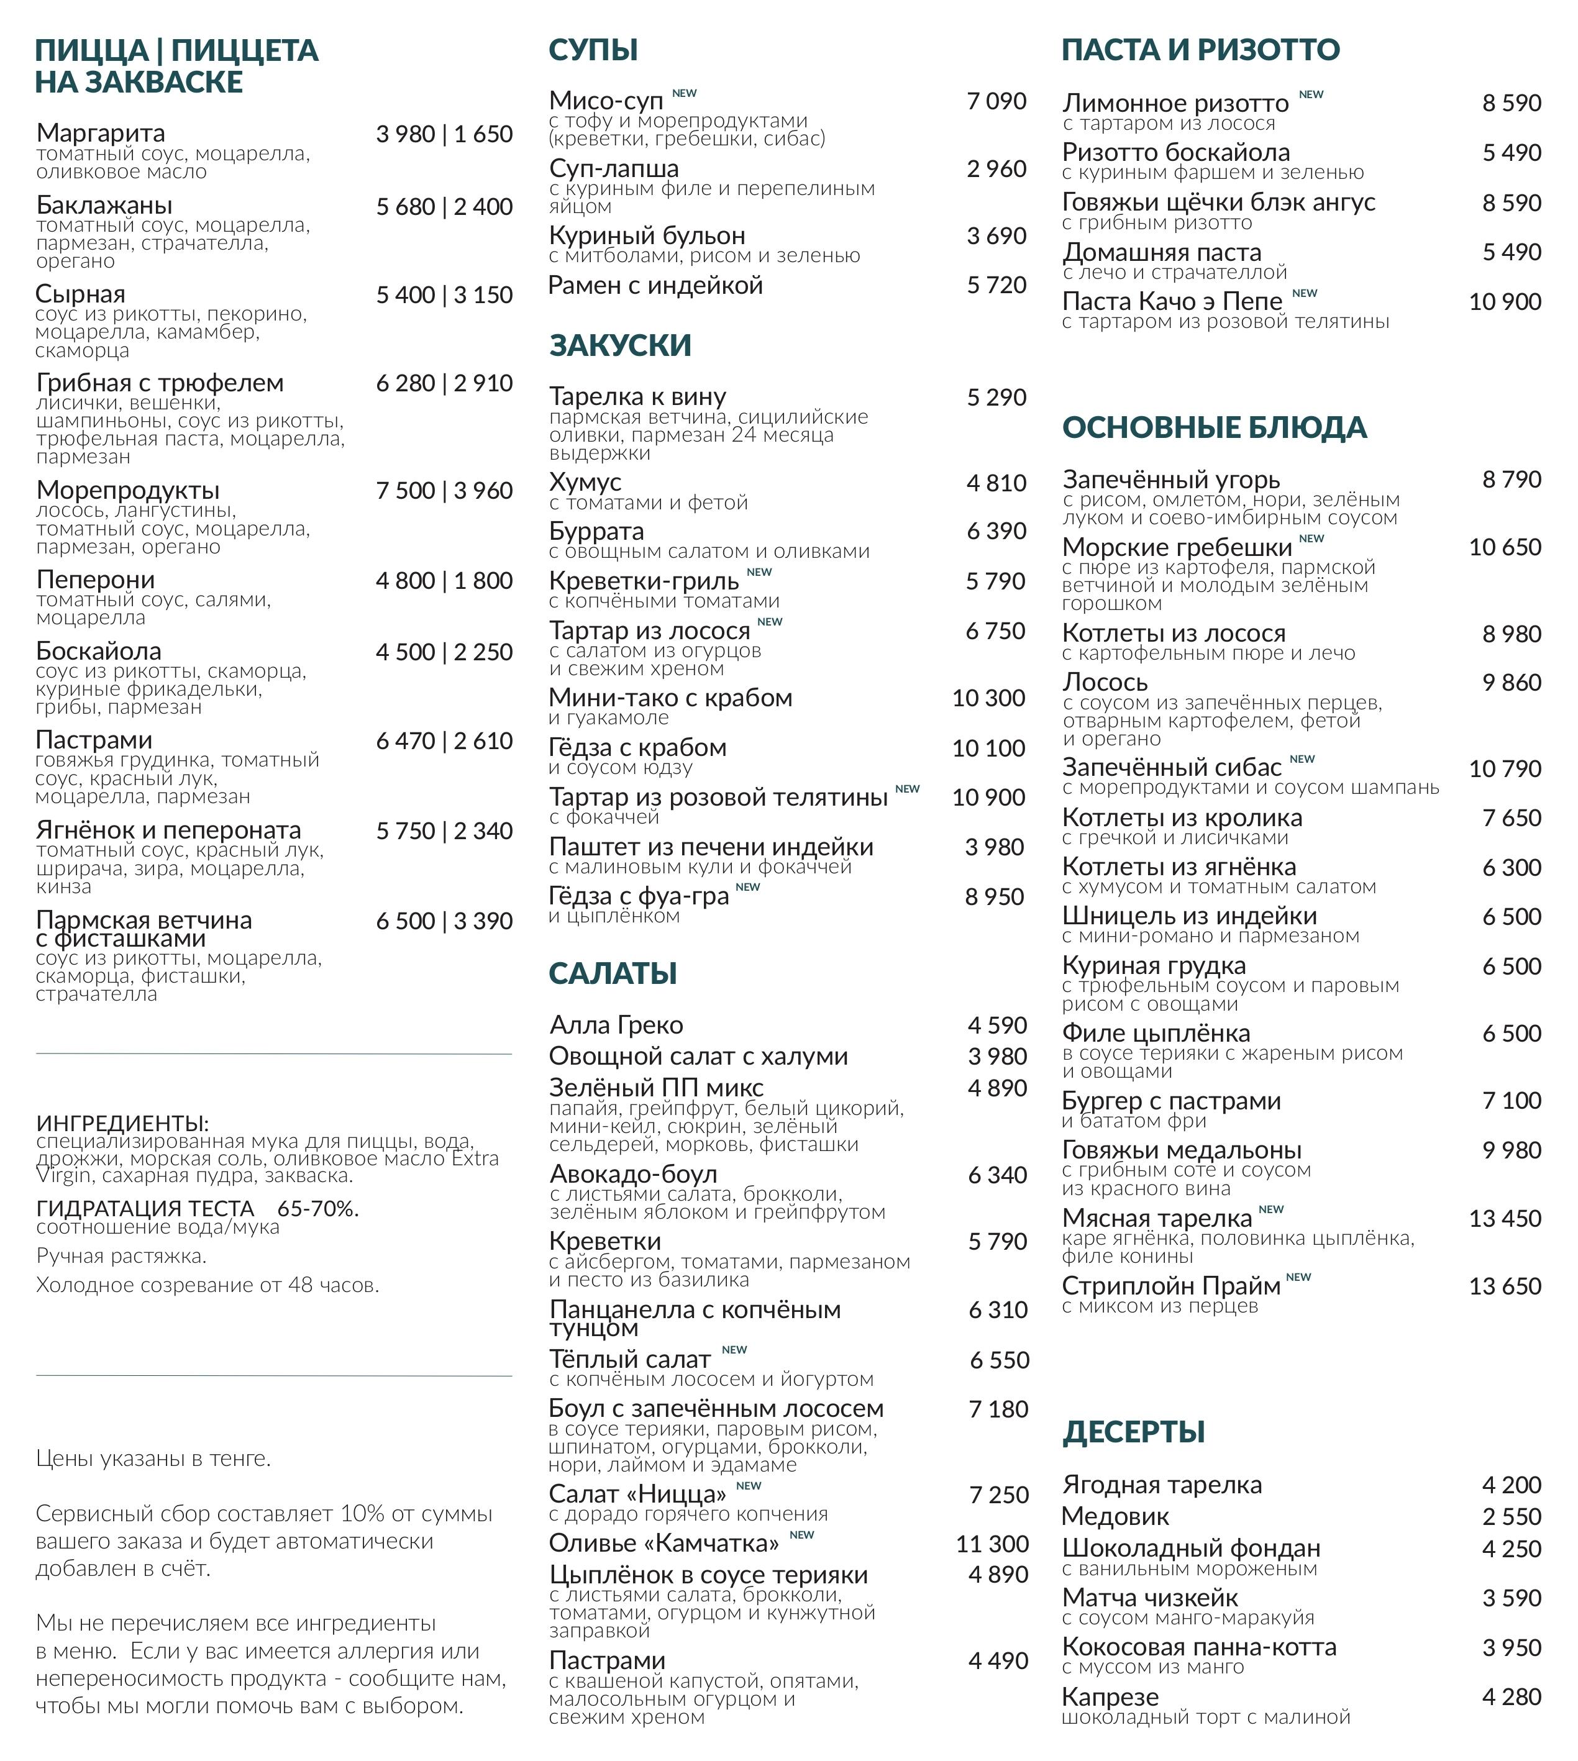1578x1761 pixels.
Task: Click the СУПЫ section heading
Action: pyautogui.click(x=593, y=50)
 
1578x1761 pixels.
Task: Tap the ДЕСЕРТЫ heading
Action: pyautogui.click(x=1133, y=1432)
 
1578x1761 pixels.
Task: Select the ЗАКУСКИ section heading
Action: pyautogui.click(x=620, y=345)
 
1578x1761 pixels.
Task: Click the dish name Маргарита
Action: pyautogui.click(x=101, y=133)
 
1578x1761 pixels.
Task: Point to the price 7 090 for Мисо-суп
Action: pyautogui.click(x=997, y=101)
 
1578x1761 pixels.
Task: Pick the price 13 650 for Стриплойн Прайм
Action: pyautogui.click(x=1504, y=1286)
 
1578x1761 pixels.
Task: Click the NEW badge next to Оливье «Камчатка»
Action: pyautogui.click(x=801, y=1535)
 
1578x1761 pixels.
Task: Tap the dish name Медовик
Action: pyautogui.click(x=1115, y=1516)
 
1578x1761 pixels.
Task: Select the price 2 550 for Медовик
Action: pyautogui.click(x=1512, y=1516)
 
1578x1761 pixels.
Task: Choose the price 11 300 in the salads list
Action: pyautogui.click(x=992, y=1544)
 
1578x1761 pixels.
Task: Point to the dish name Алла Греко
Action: pyautogui.click(x=616, y=1025)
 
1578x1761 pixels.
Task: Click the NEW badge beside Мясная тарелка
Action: pyautogui.click(x=1270, y=1209)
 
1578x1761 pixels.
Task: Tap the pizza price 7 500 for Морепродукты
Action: pyautogui.click(x=405, y=491)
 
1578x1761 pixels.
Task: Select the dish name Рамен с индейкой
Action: pyautogui.click(x=655, y=285)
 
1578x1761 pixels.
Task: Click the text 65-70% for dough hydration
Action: pyautogui.click(x=318, y=1209)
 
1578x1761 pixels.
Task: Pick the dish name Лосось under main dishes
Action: pyautogui.click(x=1105, y=683)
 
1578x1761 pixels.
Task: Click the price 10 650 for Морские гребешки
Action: pyautogui.click(x=1504, y=547)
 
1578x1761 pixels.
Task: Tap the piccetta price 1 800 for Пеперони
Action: pyautogui.click(x=482, y=580)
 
